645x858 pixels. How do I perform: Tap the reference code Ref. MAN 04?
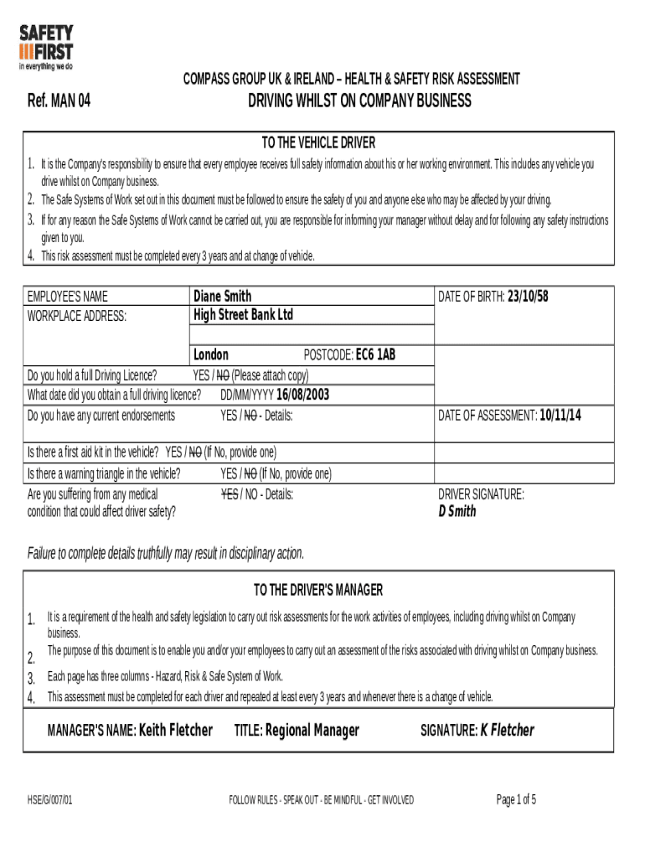(59, 102)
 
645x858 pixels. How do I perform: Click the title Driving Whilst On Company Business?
(359, 101)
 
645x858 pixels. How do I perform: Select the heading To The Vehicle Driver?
(318, 142)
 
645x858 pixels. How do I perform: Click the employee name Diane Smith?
(222, 297)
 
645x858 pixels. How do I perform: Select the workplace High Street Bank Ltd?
(243, 315)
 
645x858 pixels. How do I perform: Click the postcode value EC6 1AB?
(375, 354)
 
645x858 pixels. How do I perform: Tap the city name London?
(211, 354)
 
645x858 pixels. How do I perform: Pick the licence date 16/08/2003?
(302, 395)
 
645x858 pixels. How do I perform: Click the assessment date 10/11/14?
(560, 415)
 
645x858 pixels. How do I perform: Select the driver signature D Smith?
(457, 511)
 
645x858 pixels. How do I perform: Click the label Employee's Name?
(67, 297)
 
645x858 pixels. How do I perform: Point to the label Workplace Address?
(77, 316)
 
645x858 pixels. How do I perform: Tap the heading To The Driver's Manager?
(318, 590)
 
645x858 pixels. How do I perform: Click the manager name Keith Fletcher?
(175, 730)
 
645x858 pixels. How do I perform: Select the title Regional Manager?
(312, 730)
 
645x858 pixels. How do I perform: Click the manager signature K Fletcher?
(507, 730)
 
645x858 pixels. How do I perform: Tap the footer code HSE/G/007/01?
(50, 800)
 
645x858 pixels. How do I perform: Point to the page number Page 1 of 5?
(516, 799)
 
